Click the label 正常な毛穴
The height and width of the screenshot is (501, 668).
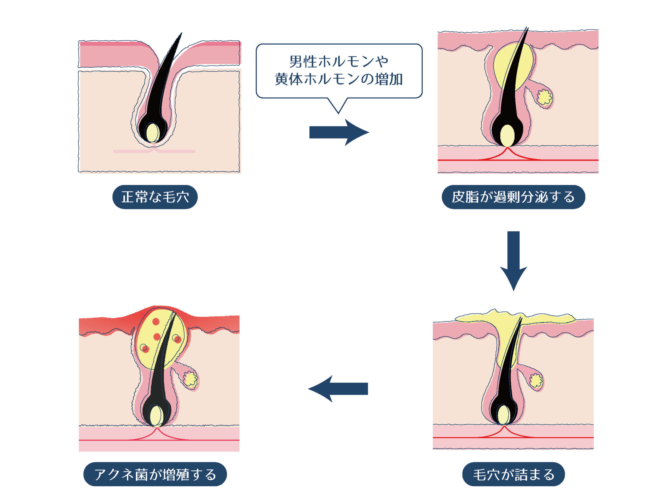pyautogui.click(x=155, y=197)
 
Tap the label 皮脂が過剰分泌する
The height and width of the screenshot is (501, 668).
pyautogui.click(x=513, y=197)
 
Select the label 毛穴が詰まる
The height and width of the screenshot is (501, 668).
pyautogui.click(x=513, y=474)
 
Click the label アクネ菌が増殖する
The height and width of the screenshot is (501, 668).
pyautogui.click(x=155, y=474)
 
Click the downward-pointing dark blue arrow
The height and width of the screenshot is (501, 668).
pyautogui.click(x=513, y=260)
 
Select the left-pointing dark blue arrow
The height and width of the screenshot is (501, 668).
pyautogui.click(x=338, y=389)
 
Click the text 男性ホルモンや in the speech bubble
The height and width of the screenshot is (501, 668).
pyautogui.click(x=339, y=62)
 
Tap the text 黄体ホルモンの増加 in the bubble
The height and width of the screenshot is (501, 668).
pyautogui.click(x=339, y=79)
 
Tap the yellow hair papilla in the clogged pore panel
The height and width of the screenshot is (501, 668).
pyautogui.click(x=503, y=415)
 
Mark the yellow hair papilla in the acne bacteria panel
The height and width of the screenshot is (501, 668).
pyautogui.click(x=156, y=416)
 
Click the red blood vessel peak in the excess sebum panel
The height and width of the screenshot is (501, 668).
pyautogui.click(x=508, y=148)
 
